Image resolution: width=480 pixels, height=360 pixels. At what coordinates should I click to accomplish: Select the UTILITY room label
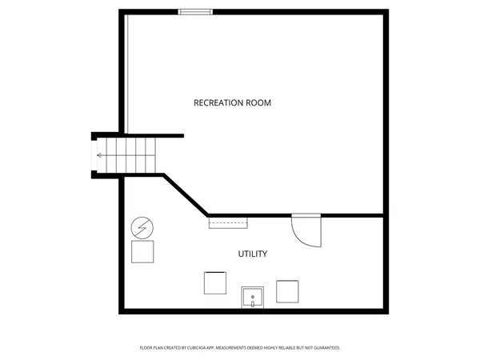(x=253, y=254)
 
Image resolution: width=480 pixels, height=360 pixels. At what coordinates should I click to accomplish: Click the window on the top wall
(x=196, y=12)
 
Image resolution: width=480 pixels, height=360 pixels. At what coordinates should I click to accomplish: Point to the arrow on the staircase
(x=101, y=155)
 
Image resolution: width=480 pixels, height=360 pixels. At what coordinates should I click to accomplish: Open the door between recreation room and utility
(x=306, y=230)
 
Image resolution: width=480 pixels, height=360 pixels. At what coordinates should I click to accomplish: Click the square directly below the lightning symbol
(x=143, y=251)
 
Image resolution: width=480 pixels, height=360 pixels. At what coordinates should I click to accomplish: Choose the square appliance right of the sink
(x=287, y=290)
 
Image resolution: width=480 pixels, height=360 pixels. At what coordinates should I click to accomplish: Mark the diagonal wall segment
(x=186, y=195)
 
